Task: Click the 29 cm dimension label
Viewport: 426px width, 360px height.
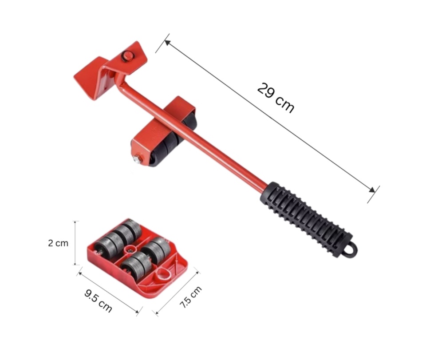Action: coord(276,98)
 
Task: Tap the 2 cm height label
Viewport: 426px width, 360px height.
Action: coord(58,243)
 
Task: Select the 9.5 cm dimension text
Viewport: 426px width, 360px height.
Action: coord(98,301)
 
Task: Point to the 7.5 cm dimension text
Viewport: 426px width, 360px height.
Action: coord(191,297)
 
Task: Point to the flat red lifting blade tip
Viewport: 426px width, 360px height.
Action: coord(87,79)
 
